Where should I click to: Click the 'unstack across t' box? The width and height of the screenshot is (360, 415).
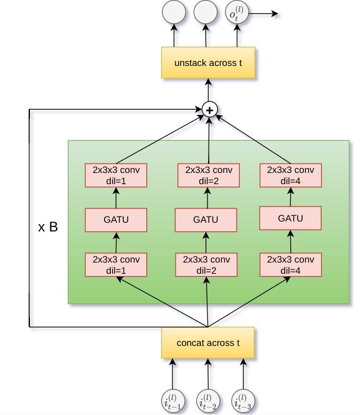pos(208,63)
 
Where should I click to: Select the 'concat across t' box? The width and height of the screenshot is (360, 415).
pos(208,343)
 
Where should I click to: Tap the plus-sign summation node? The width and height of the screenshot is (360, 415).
pos(209,110)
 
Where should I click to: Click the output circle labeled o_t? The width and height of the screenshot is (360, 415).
pos(237,12)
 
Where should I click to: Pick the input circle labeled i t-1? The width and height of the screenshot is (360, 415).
pos(173,401)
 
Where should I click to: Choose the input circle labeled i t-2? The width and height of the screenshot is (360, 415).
pos(208,401)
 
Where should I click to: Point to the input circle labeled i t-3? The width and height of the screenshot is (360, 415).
pos(243,401)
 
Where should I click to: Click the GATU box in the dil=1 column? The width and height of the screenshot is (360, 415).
pos(116,220)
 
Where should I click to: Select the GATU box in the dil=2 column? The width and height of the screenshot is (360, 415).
pos(206,220)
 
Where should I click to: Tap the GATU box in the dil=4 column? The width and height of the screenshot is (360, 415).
pos(290,218)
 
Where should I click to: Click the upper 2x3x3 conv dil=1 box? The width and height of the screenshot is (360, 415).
pos(116,175)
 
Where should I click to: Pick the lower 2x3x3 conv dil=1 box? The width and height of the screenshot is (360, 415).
pos(116,264)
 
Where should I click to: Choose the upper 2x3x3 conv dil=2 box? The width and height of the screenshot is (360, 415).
pos(209,175)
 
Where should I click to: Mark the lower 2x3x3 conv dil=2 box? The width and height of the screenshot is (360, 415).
pos(206,264)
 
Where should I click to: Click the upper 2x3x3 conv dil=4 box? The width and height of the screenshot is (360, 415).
pos(291,175)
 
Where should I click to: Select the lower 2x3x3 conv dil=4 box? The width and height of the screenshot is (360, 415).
pos(291,264)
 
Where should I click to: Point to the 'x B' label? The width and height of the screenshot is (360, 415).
pos(48,227)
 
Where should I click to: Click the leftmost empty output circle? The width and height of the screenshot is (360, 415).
pos(174,12)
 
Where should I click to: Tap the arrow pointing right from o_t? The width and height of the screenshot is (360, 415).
pos(263,14)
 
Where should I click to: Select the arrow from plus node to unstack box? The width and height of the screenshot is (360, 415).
pos(209,90)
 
